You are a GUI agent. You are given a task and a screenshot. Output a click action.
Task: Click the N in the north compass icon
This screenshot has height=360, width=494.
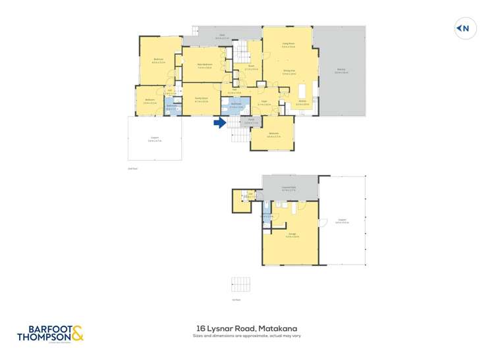(x=466, y=28)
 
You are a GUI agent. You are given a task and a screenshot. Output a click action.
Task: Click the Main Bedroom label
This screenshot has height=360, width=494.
(x=206, y=64)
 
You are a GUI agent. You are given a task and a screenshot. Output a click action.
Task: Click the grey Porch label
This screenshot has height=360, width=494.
(x=250, y=120)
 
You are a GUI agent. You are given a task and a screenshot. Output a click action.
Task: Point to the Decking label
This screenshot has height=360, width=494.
(x=341, y=69)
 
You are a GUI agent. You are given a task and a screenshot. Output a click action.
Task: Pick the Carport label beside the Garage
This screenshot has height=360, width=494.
(x=341, y=220)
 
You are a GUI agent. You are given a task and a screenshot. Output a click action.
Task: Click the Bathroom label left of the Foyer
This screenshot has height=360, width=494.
(x=236, y=104)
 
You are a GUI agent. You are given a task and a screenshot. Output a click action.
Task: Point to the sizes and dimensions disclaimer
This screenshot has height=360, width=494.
(x=247, y=336)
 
